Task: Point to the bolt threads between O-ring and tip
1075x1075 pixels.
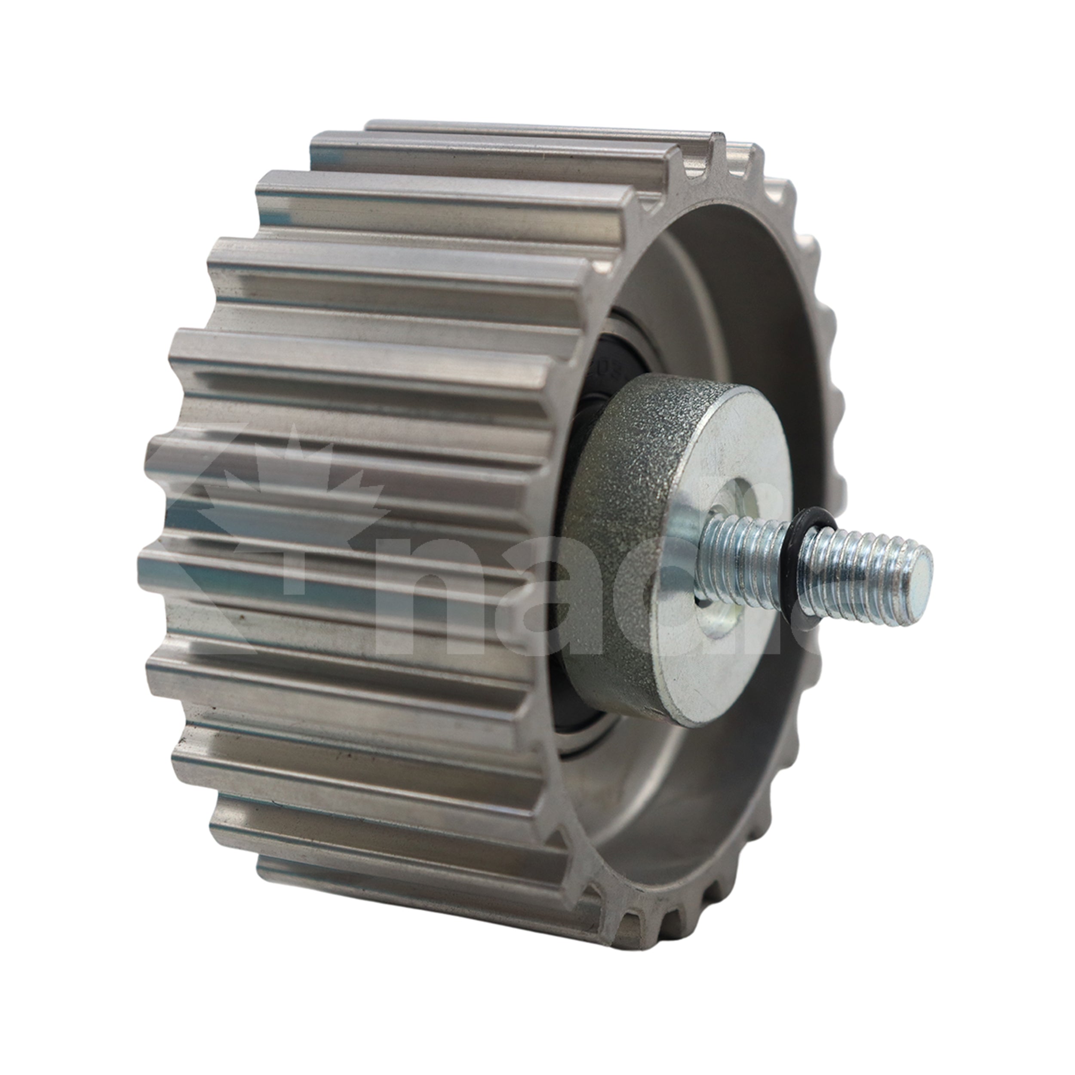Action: (857, 579)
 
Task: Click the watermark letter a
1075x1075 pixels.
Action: (562, 606)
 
